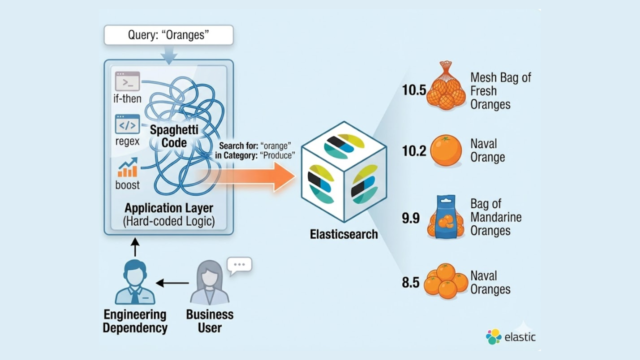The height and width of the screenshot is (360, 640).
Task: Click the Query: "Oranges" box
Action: tap(168, 35)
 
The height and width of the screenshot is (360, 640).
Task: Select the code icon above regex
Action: tap(127, 124)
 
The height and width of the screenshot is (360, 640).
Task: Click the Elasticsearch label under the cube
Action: tap(343, 234)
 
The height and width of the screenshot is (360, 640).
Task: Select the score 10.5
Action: tap(413, 90)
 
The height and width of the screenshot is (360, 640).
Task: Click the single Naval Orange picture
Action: tap(445, 150)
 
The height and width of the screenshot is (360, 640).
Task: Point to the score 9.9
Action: tap(411, 218)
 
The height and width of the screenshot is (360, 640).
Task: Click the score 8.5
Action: tap(410, 282)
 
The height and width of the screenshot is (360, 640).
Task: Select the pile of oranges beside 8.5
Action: tap(445, 281)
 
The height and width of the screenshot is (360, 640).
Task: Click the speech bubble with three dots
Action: tap(239, 265)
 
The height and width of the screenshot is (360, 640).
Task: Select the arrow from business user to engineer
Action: tap(172, 283)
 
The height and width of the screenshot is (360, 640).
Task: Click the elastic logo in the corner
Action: tap(510, 336)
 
